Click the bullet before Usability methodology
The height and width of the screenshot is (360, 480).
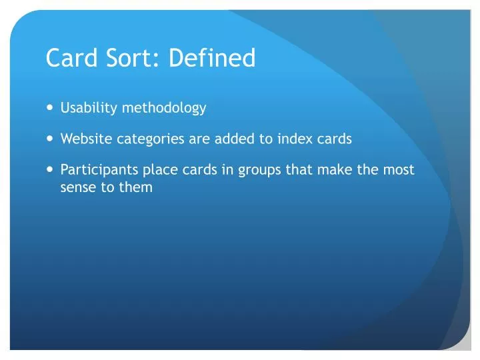point(51,108)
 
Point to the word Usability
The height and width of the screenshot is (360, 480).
point(89,107)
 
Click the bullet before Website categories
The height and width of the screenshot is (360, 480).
point(51,139)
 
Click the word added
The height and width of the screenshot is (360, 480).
point(233,139)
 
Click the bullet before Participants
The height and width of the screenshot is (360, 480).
point(51,170)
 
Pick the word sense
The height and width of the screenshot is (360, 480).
point(78,187)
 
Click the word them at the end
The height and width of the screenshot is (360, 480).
point(136,187)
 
